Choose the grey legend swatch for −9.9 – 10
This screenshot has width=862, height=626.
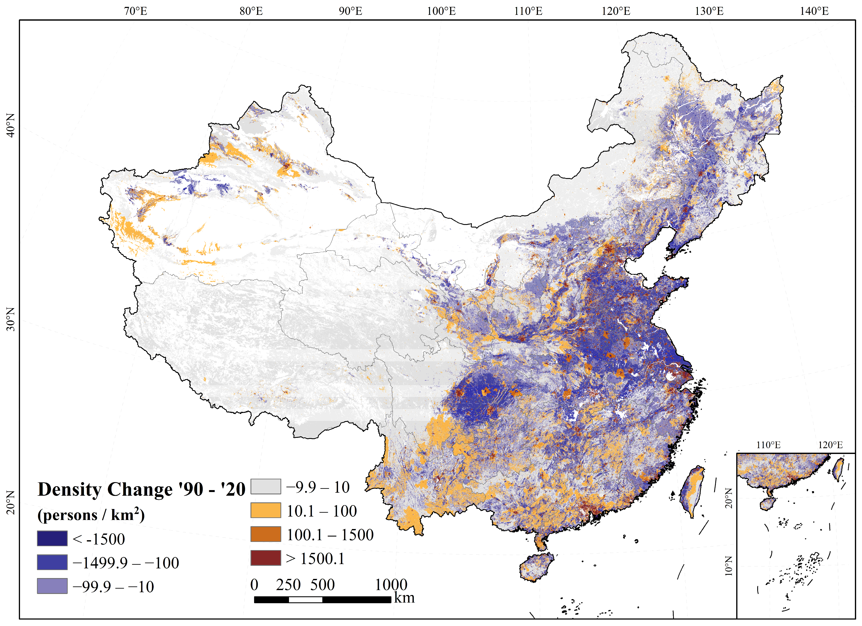point(266,487)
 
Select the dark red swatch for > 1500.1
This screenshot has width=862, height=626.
point(266,558)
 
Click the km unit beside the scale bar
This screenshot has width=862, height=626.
point(404,598)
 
